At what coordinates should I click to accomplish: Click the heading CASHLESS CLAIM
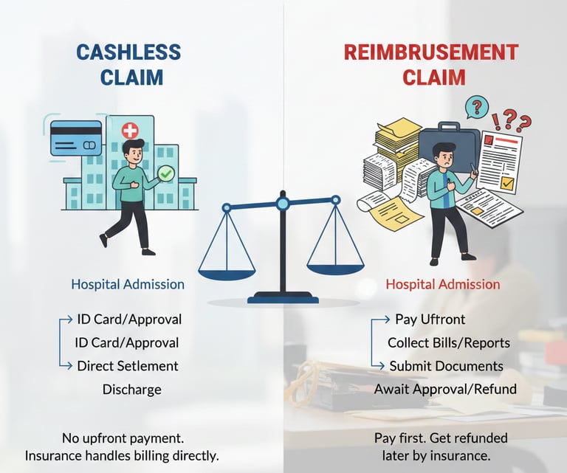[128, 64]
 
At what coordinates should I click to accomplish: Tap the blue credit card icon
[76, 137]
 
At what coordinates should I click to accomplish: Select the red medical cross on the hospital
[130, 131]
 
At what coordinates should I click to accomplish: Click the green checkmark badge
[166, 174]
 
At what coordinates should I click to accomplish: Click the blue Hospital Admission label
[128, 284]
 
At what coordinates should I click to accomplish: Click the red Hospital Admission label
[443, 284]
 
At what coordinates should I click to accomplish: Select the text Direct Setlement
[128, 366]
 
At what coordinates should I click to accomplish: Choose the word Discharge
[131, 389]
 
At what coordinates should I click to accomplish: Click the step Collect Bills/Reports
[449, 343]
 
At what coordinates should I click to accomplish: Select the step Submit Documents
[446, 366]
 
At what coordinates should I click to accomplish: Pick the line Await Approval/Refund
[445, 389]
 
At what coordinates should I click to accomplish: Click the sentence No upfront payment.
[122, 438]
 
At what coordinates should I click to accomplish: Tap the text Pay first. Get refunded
[441, 438]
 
